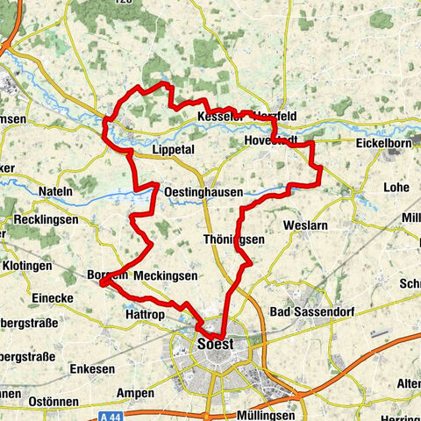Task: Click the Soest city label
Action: [x=216, y=344]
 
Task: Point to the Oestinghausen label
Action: [x=203, y=190]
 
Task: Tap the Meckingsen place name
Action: [x=166, y=275]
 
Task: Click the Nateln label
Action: [x=56, y=190]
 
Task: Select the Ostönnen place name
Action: [x=31, y=399]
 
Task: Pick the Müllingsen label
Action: [x=270, y=414]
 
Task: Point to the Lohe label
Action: [x=396, y=188]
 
